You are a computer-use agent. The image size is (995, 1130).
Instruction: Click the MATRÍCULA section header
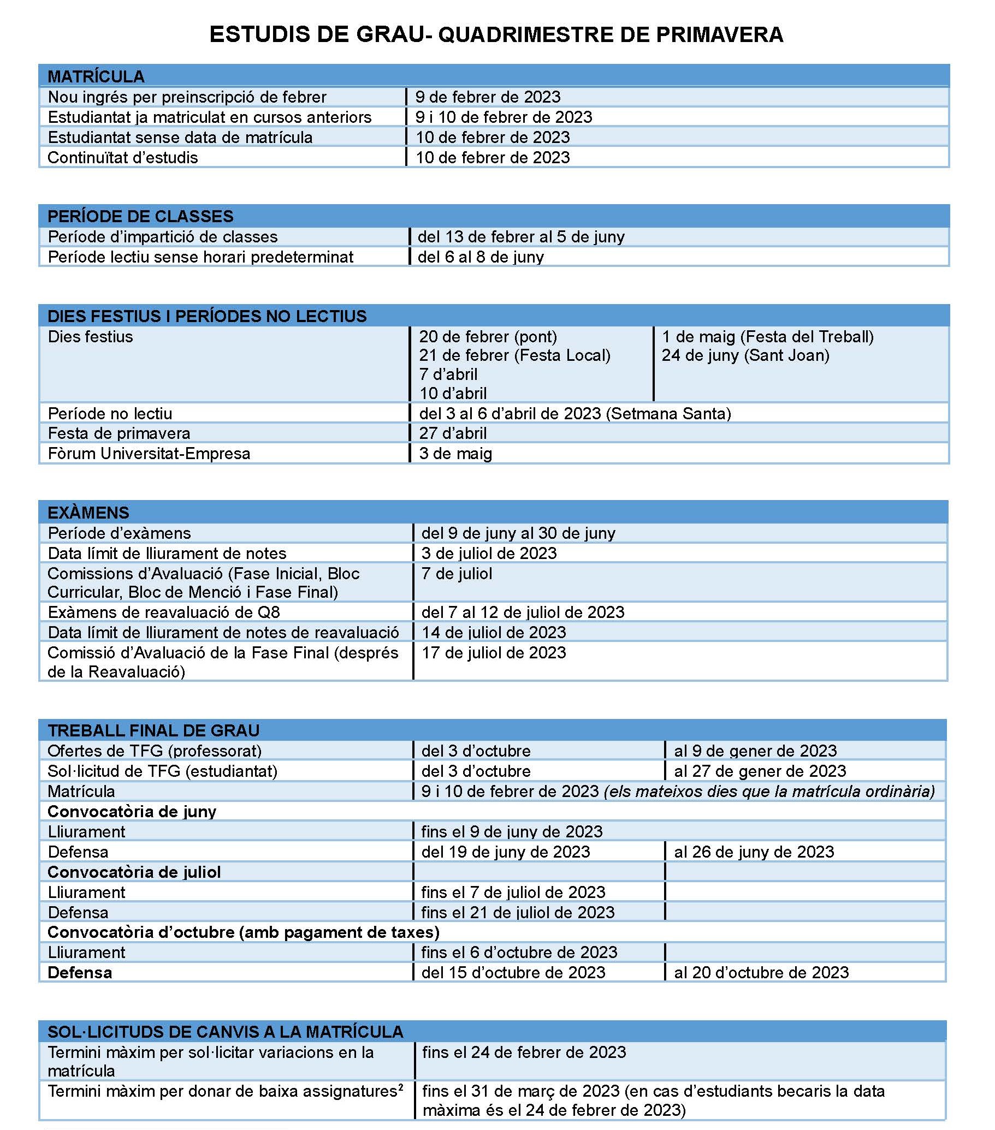[x=96, y=76]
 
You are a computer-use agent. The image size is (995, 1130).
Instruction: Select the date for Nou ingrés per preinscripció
[x=488, y=97]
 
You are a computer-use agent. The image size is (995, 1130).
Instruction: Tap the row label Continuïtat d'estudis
[x=123, y=158]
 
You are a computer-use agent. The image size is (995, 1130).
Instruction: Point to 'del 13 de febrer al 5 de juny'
[x=521, y=237]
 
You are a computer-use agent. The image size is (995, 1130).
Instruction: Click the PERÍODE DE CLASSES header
[x=140, y=216]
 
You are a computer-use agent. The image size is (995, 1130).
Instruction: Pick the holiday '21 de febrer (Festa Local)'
[x=514, y=355]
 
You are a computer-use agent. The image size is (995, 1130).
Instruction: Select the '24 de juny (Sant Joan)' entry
[x=745, y=355]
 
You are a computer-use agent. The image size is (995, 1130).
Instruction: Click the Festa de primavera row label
[x=119, y=433]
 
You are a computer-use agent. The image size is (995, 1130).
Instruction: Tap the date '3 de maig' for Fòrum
[x=455, y=454]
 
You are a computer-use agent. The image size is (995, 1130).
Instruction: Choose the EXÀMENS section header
[x=88, y=513]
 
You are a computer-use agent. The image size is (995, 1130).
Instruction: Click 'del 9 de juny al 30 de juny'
[x=518, y=533]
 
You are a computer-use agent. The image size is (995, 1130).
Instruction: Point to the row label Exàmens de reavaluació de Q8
[x=164, y=612]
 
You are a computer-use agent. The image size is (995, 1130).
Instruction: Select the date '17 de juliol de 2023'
[x=494, y=653]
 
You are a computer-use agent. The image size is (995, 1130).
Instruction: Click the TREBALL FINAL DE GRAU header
[x=153, y=731]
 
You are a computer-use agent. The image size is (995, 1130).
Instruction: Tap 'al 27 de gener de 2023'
[x=760, y=771]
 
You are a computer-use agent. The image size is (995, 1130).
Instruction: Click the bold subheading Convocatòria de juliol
[x=134, y=872]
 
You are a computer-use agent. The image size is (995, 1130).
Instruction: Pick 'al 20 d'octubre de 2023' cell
[x=761, y=973]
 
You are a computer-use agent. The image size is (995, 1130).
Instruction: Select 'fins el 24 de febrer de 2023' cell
[x=524, y=1052]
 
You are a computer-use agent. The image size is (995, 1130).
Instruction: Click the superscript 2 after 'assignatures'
[x=400, y=1087]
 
